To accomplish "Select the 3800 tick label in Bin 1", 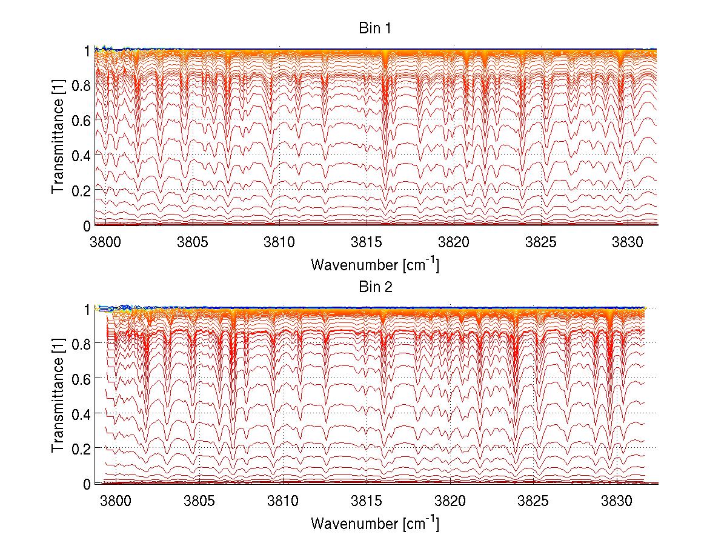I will point(105,242).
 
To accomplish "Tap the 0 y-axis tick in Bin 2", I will point(87,484).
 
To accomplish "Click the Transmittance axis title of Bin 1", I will point(58,137).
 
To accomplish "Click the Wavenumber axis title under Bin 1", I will point(375,265).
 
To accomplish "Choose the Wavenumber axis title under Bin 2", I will point(375,523).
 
